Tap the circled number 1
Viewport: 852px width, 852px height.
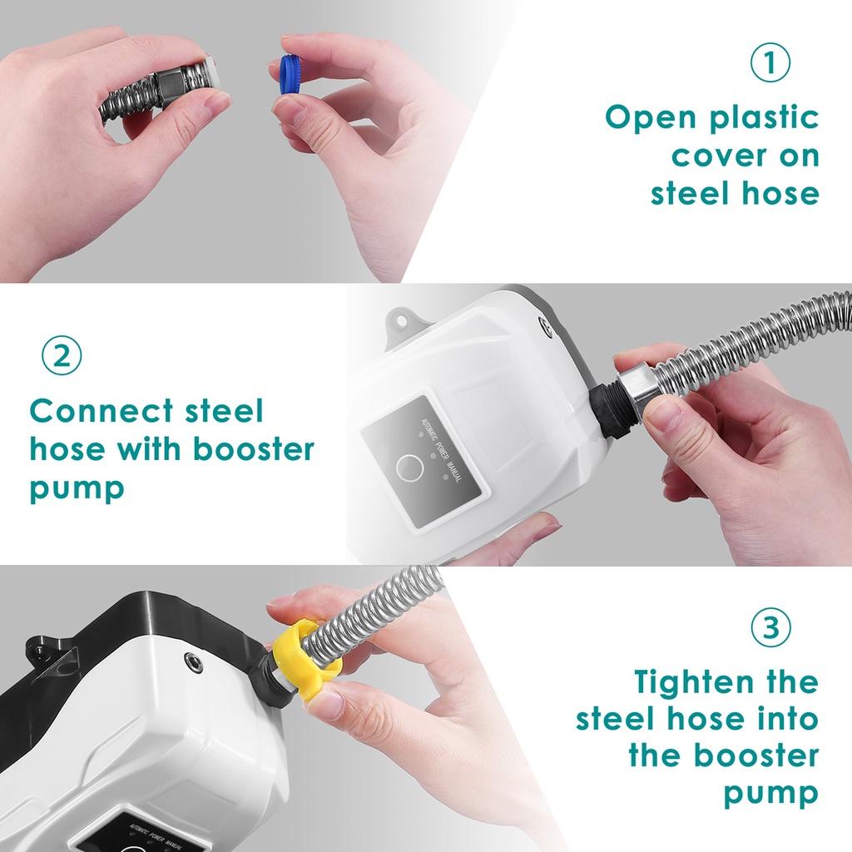[770, 64]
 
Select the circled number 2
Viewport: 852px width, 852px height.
[62, 355]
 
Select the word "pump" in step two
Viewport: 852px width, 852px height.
[77, 488]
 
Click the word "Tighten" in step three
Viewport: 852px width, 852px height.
[692, 681]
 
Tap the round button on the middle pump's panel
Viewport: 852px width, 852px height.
[408, 468]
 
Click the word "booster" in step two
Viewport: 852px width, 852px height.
[254, 449]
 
